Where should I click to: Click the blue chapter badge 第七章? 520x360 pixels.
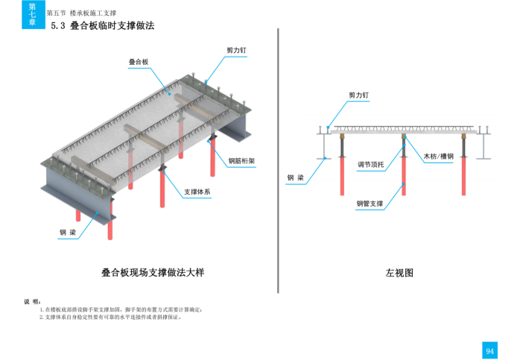[x=32, y=15]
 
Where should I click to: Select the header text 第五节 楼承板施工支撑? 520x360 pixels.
[x=81, y=13]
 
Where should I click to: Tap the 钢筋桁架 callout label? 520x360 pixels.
[x=241, y=160]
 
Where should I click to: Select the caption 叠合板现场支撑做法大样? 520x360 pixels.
[x=152, y=272]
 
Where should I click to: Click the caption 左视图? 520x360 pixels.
[x=399, y=273]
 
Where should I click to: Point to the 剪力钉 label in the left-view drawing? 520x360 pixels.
[x=359, y=95]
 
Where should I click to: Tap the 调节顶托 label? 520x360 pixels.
[x=370, y=165]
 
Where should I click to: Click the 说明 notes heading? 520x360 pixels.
[x=32, y=301]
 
